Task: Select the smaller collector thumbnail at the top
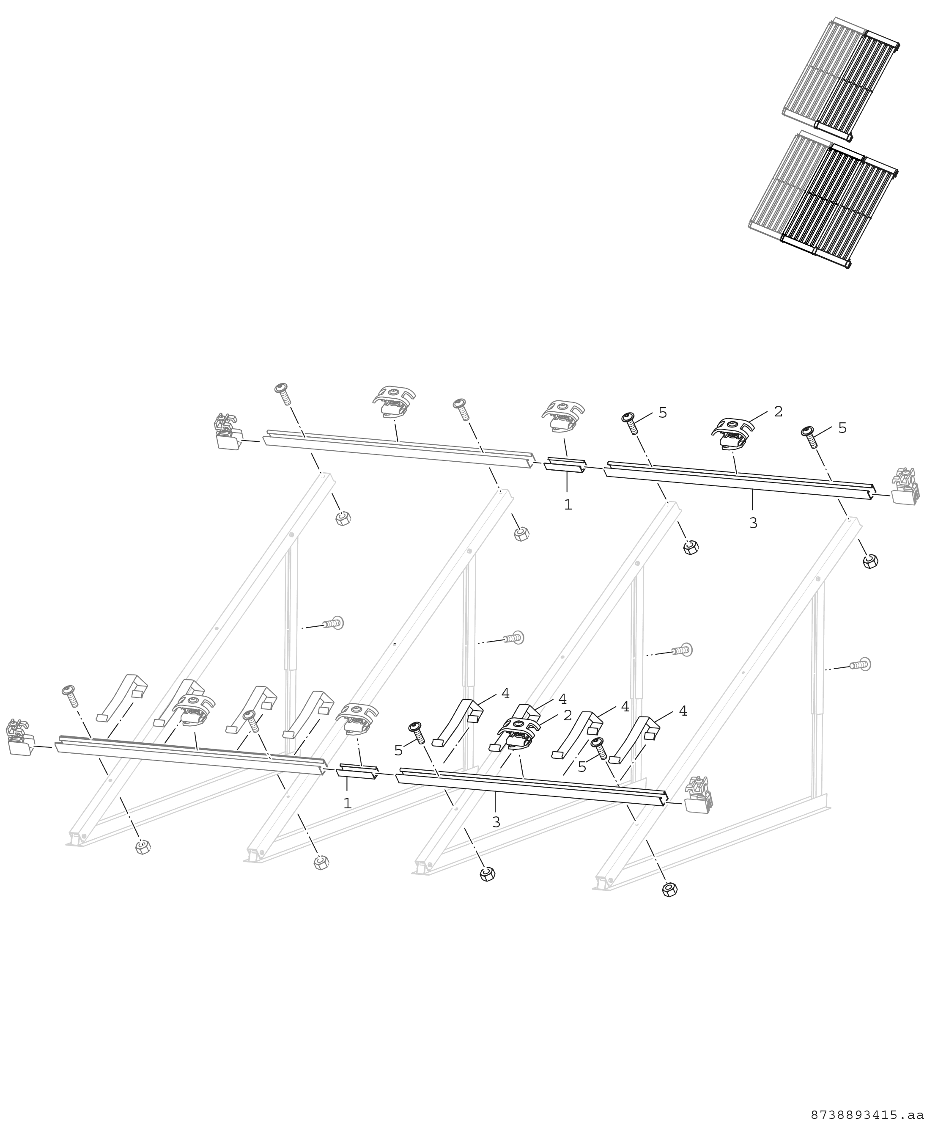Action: (x=841, y=79)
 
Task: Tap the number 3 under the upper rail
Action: (x=753, y=524)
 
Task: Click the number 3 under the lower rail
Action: (x=496, y=822)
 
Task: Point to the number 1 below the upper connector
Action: (x=568, y=504)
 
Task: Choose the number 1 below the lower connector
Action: (x=348, y=803)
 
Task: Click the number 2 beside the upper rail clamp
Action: (x=778, y=411)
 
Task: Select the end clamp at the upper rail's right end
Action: (x=905, y=486)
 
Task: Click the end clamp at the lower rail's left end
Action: (x=20, y=738)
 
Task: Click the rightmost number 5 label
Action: (x=842, y=427)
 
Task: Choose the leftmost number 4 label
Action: (x=505, y=694)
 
